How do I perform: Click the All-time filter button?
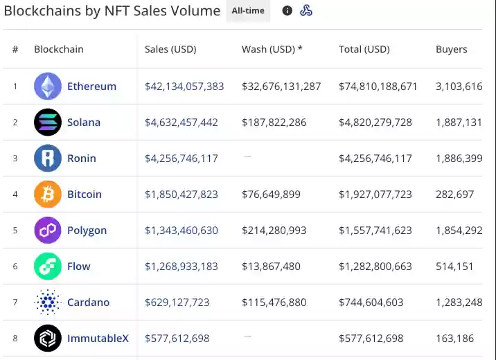coord(247,11)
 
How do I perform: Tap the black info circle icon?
coord(287,11)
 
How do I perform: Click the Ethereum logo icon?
coord(48,87)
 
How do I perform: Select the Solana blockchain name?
coord(84,123)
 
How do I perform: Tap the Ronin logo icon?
coord(48,159)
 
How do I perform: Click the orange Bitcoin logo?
coord(48,195)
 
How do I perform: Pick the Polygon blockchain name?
coord(87,231)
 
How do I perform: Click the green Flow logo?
coord(48,267)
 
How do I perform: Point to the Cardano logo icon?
coord(48,303)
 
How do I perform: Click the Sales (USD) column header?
coord(170,49)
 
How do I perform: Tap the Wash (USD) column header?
coord(272,49)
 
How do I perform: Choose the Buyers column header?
coord(451,49)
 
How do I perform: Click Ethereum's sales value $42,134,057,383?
coord(184,87)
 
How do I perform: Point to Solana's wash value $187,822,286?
coord(274,123)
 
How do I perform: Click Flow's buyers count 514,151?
coord(455,267)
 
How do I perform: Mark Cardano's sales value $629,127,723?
coord(177,303)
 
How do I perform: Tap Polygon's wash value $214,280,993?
coord(274,231)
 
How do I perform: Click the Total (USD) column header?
coord(364,49)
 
